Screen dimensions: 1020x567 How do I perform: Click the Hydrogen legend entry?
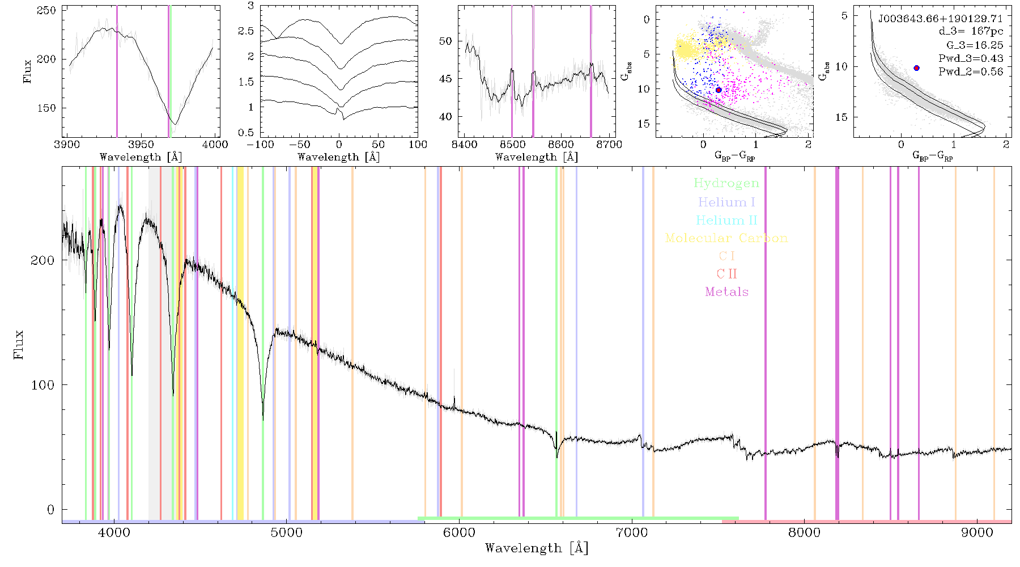pos(726,183)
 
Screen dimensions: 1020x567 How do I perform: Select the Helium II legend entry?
pos(726,220)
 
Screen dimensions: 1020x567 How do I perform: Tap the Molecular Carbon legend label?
pos(726,238)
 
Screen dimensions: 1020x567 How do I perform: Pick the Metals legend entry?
pos(727,291)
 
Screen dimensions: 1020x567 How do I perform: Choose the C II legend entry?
pos(727,274)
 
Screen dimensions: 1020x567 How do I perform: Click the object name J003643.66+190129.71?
pos(941,19)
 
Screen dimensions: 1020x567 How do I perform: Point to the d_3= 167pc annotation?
pos(971,32)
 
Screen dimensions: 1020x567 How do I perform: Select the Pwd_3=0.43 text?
pos(971,58)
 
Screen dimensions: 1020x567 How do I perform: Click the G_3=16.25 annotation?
pos(975,45)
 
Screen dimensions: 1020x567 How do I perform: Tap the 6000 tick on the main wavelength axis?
pos(459,533)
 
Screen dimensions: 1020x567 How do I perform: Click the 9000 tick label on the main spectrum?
pos(977,533)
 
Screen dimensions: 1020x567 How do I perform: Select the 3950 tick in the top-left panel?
pos(141,145)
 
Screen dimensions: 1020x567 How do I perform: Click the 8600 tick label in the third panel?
pos(560,145)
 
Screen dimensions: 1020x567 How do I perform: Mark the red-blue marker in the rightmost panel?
pos(916,68)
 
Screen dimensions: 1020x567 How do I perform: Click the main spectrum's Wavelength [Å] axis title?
pos(537,548)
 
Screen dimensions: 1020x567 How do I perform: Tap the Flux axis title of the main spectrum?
pos(19,344)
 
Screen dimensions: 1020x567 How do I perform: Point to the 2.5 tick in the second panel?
pos(246,31)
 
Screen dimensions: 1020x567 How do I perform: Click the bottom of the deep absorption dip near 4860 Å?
pos(263,420)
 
